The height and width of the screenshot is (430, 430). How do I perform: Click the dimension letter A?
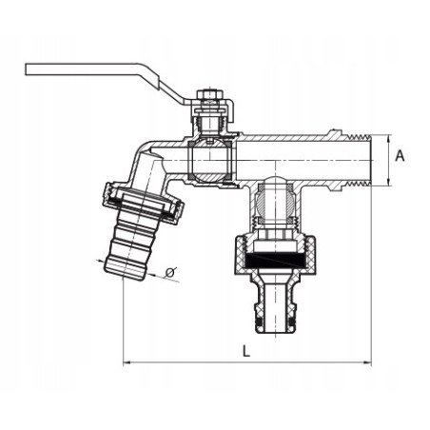point(401,156)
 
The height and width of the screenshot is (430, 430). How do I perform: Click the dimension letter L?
point(246,351)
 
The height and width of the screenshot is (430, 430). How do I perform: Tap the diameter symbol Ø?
point(171,272)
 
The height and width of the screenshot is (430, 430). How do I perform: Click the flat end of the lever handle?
point(27,69)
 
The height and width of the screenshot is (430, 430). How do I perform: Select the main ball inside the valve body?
point(210,160)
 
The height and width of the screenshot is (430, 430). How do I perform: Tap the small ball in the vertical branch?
point(275,202)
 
